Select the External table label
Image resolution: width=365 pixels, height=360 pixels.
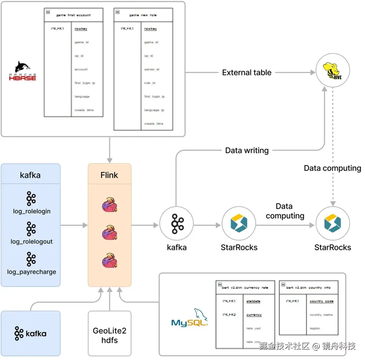[247, 73]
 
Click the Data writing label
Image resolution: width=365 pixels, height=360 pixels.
[247, 151]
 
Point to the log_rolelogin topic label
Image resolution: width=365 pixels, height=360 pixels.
[30, 211]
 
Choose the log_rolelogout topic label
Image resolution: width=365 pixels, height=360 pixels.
[31, 242]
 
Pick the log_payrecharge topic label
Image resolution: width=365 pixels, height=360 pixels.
[32, 272]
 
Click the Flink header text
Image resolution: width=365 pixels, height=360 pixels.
[109, 175]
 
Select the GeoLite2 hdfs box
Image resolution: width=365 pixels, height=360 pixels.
[109, 335]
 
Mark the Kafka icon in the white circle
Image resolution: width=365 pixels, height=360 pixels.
[176, 224]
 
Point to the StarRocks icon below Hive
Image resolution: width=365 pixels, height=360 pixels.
[333, 224]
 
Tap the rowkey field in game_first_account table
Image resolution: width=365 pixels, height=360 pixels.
[81, 29]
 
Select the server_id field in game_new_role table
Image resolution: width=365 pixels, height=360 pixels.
[151, 70]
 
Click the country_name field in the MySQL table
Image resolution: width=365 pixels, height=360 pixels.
[321, 315]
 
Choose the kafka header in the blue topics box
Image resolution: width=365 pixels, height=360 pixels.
[30, 175]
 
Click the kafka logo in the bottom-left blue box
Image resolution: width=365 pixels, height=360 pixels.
[30, 334]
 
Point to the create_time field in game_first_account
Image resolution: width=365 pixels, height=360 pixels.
[84, 110]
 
